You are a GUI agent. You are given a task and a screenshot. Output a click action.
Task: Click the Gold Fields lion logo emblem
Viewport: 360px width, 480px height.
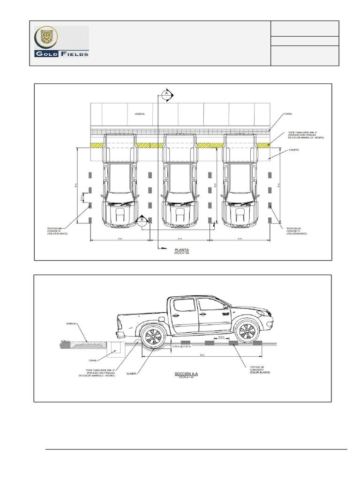tap(47, 38)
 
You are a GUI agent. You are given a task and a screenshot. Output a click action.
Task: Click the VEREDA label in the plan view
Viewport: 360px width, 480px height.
tap(140, 114)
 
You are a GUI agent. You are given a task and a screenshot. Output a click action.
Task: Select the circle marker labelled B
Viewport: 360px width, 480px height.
tap(141, 220)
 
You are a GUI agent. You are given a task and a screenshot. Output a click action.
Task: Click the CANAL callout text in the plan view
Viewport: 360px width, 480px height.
tap(288, 113)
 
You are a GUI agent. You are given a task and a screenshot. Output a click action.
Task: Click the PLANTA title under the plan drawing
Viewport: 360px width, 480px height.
tap(181, 250)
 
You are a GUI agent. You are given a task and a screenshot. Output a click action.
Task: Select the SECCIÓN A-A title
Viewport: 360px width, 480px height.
tap(186, 374)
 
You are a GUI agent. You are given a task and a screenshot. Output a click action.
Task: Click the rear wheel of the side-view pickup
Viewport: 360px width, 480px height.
tap(152, 336)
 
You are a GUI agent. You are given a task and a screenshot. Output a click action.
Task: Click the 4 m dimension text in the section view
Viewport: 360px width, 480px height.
tap(202, 355)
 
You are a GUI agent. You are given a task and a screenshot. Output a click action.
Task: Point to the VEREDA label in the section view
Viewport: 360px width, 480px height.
tap(71, 323)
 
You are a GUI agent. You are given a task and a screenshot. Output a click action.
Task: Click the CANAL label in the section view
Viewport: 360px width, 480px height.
tap(93, 361)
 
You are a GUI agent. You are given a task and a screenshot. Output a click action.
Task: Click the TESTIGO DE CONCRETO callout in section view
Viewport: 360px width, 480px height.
tap(260, 369)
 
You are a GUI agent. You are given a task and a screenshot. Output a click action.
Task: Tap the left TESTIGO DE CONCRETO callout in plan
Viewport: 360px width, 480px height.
tap(58, 231)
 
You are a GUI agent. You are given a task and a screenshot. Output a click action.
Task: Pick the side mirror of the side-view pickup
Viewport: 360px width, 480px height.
tap(226, 307)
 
